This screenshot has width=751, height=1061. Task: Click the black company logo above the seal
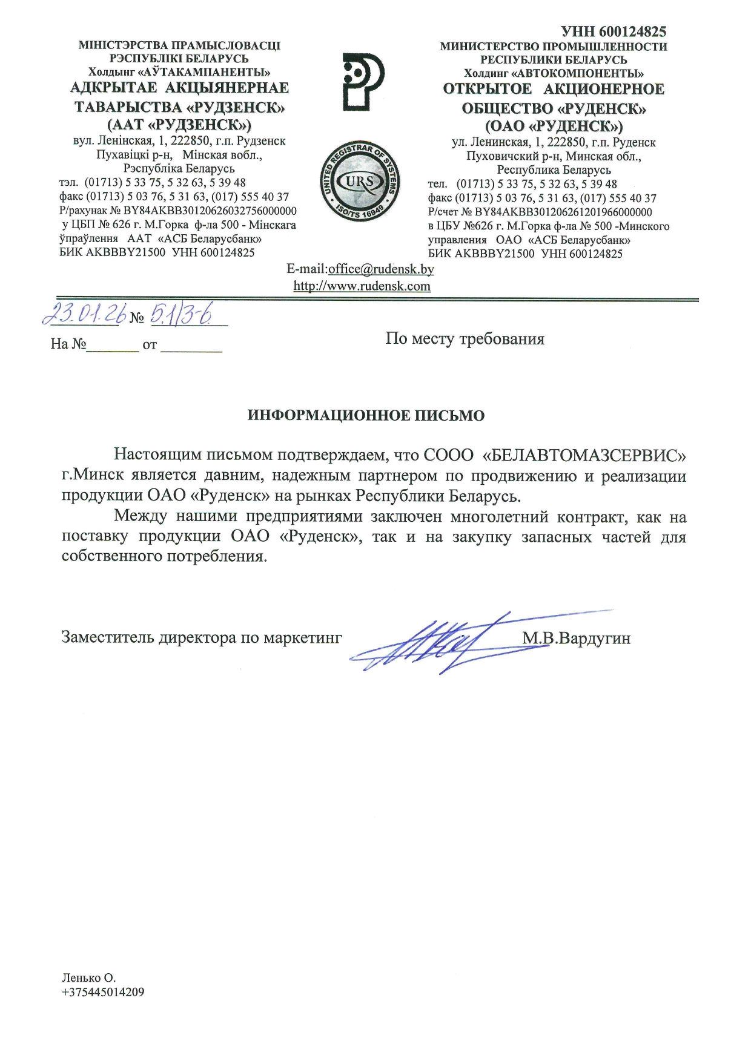point(362,82)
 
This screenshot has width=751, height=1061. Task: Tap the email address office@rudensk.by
point(381,269)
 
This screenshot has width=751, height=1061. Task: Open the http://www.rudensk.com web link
point(362,286)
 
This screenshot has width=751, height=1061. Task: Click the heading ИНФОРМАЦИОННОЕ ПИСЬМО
point(366,416)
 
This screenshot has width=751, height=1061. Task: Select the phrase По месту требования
point(465,339)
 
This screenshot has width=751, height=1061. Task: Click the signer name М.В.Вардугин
point(576,638)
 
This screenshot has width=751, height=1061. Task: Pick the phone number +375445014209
point(103,992)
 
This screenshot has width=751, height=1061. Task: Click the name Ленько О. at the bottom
point(88,977)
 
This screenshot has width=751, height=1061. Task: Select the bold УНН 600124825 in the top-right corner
point(614,31)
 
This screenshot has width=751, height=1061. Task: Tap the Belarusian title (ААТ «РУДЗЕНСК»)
point(179,125)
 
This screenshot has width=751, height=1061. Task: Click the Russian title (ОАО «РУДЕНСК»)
point(554,126)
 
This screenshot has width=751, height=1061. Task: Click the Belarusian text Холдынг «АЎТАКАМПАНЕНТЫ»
point(179,73)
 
